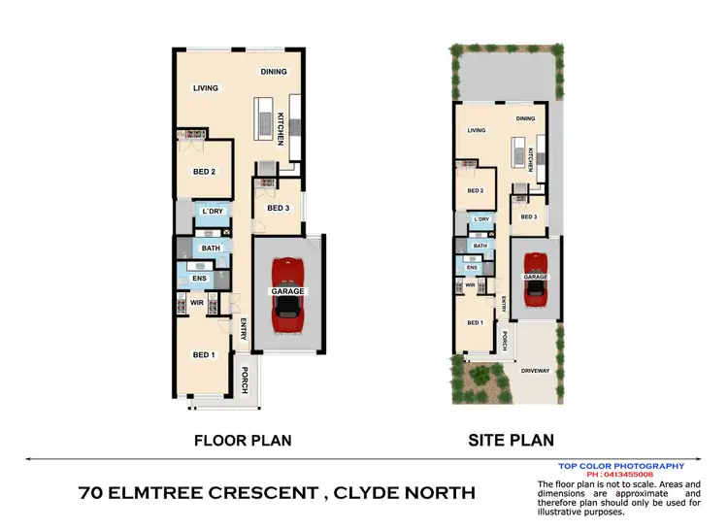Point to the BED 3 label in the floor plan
tap(279, 208)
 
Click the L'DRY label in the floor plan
tap(211, 212)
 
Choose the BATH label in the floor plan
tap(211, 248)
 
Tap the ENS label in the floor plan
tap(200, 279)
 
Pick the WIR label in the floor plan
tap(196, 303)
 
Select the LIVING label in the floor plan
tap(206, 88)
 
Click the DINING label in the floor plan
tap(274, 72)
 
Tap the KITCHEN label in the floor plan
tap(281, 129)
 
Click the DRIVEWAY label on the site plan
tap(535, 371)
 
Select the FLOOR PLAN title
tap(243, 440)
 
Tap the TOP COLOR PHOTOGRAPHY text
tap(621, 466)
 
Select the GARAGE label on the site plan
tap(536, 277)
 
